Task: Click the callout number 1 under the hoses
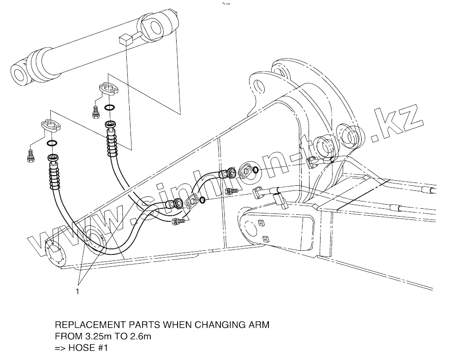click(77, 292)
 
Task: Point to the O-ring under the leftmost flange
click(52, 143)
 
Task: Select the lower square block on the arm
click(266, 239)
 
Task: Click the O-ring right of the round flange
click(256, 171)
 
